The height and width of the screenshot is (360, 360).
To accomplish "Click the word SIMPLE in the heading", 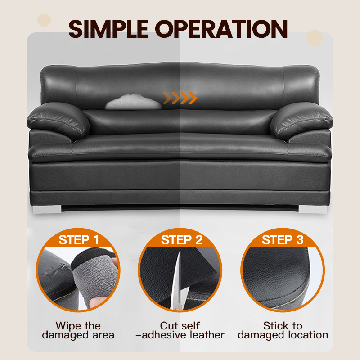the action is (108, 29).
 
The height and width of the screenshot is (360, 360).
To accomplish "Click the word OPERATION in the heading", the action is (221, 29).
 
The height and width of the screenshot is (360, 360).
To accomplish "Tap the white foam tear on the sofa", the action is (134, 102).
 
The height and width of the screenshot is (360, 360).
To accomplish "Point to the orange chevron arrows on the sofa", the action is (180, 98).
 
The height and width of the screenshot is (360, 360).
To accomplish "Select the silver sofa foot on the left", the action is (47, 209).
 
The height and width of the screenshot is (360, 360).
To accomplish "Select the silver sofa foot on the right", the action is (313, 209).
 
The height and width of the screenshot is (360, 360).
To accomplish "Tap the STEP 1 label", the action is (79, 240).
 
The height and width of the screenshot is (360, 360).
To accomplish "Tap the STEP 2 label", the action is (182, 240).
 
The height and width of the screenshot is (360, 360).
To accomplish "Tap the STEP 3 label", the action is (283, 240).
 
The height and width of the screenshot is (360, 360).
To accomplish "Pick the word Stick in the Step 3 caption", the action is (276, 325).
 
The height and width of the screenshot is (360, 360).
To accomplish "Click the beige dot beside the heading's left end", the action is (44, 20).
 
